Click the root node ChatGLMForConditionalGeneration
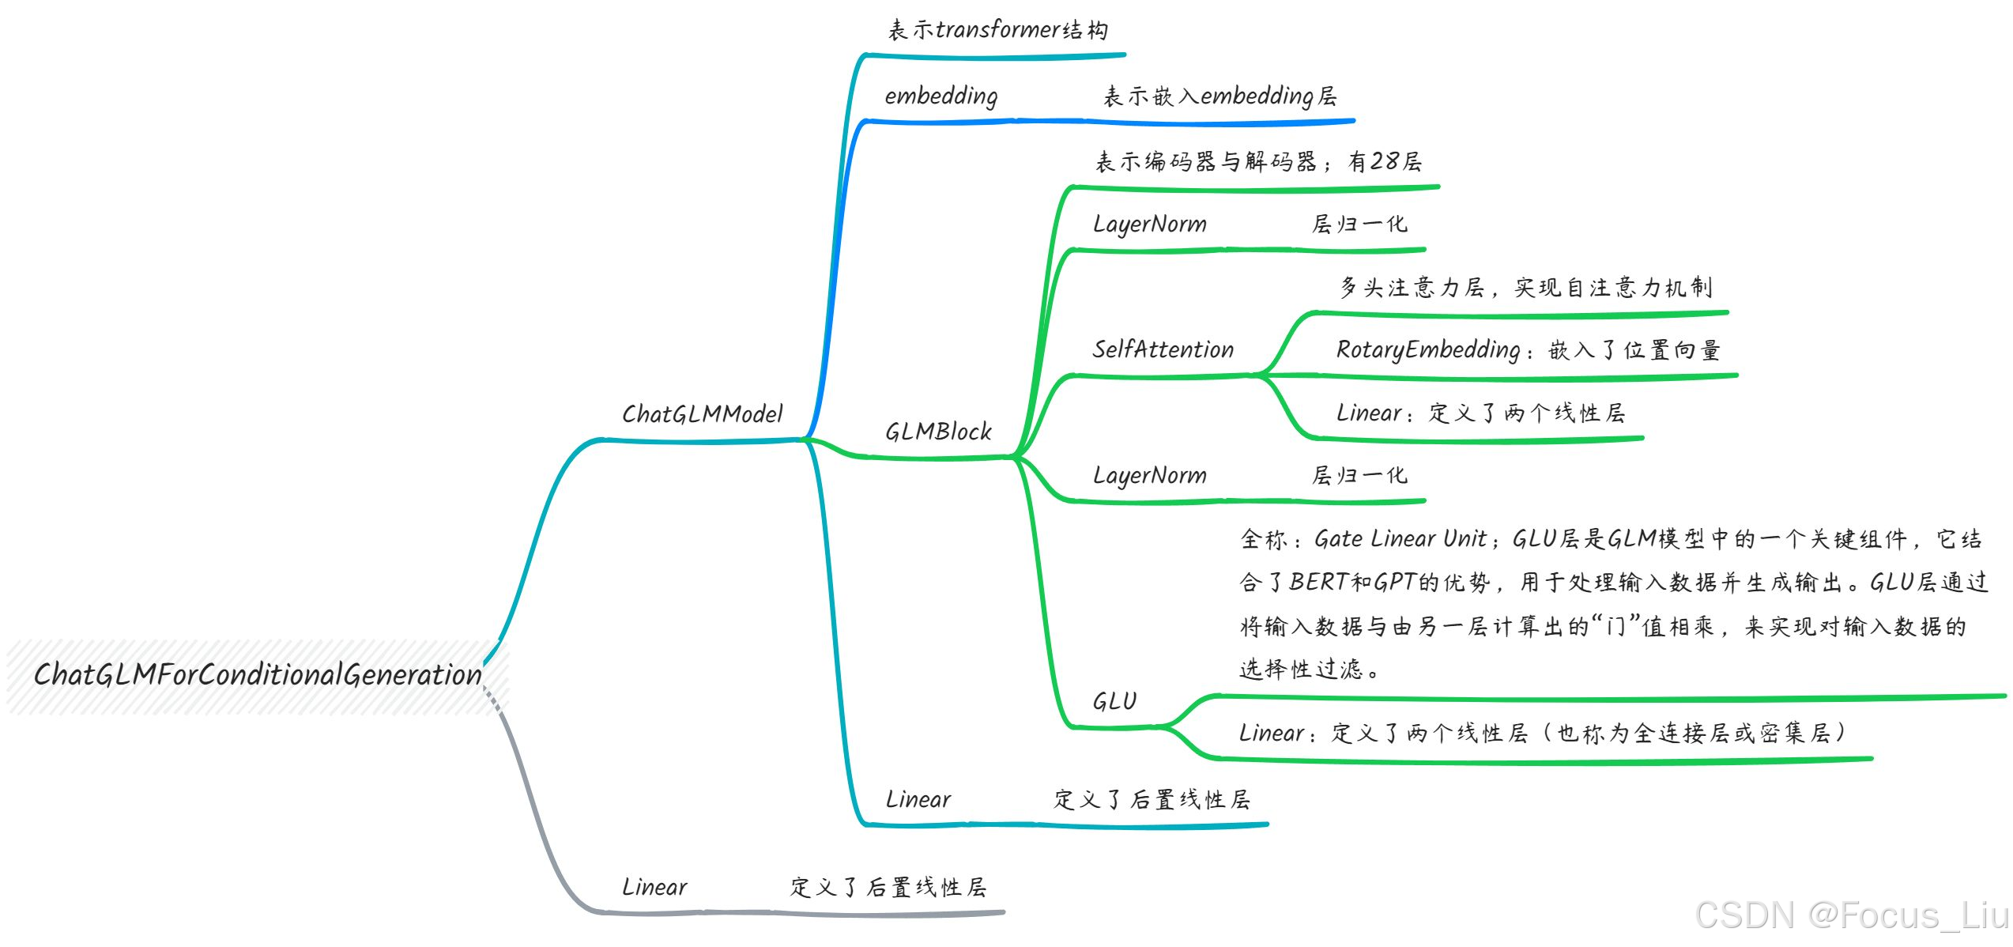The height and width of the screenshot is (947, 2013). (258, 675)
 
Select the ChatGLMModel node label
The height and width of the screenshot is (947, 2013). (702, 414)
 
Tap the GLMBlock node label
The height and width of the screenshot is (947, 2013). (938, 432)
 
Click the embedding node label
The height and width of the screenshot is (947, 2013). (941, 96)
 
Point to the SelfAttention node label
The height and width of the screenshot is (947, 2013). (1163, 349)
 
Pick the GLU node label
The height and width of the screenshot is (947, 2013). (1114, 701)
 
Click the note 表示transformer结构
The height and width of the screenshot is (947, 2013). (997, 31)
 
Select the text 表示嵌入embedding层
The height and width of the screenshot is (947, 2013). (1219, 96)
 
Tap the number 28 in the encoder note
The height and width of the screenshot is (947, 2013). (1384, 161)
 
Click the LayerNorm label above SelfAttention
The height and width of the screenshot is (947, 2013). (1150, 224)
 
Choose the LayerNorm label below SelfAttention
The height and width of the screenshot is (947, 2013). (1150, 476)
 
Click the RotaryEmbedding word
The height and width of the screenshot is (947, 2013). (1427, 350)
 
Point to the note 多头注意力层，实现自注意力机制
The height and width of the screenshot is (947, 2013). (1525, 287)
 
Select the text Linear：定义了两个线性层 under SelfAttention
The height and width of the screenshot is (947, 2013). (1480, 413)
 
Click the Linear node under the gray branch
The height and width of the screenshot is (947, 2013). (654, 887)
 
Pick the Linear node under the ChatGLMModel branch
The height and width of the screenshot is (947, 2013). (918, 799)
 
